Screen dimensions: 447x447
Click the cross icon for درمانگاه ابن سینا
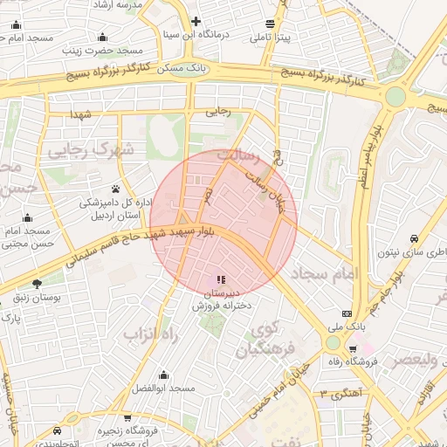coord(196,21)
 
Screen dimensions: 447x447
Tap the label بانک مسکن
coord(187,67)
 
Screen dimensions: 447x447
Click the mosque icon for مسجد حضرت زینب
coord(104,37)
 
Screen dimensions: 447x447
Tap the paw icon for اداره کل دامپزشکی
coord(115,189)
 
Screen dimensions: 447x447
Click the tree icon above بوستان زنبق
coord(37,284)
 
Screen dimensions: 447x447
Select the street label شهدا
coord(83,114)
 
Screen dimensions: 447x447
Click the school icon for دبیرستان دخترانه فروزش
coord(220,280)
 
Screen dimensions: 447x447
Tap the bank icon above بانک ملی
coord(347,313)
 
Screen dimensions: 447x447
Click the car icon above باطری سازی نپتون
coord(413,237)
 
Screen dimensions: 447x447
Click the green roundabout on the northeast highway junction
coord(396,96)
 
